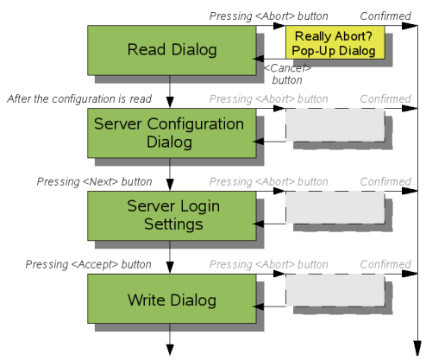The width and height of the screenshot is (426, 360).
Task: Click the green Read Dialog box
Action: click(172, 50)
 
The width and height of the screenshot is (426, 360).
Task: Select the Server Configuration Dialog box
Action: click(172, 133)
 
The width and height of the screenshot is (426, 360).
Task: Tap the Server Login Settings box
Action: click(172, 216)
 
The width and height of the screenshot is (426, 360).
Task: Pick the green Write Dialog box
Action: click(172, 299)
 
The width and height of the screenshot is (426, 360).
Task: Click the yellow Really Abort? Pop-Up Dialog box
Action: click(335, 42)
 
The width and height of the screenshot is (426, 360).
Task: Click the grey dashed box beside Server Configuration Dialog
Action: click(335, 125)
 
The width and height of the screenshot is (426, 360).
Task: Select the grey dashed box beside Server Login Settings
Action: click(335, 207)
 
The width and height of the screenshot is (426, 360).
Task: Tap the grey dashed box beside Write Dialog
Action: click(335, 290)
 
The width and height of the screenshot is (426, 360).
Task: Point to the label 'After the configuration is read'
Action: click(79, 99)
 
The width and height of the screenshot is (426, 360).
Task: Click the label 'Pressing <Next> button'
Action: click(95, 182)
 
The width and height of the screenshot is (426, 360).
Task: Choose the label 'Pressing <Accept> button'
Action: click(89, 264)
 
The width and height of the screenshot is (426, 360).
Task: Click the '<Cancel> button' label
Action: click(287, 74)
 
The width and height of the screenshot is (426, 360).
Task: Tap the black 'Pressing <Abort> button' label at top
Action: click(269, 16)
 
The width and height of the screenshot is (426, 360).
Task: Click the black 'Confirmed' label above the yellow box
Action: click(385, 16)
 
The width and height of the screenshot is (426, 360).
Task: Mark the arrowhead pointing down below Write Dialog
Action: click(170, 350)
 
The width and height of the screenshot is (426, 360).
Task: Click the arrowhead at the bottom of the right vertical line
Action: click(417, 348)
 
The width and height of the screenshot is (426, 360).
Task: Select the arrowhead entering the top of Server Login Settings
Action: click(170, 185)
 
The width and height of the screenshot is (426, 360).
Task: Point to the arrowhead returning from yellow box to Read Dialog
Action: click(258, 59)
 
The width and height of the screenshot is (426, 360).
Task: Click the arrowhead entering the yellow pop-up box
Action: click(279, 26)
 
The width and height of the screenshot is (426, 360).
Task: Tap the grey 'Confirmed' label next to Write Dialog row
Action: click(385, 264)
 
